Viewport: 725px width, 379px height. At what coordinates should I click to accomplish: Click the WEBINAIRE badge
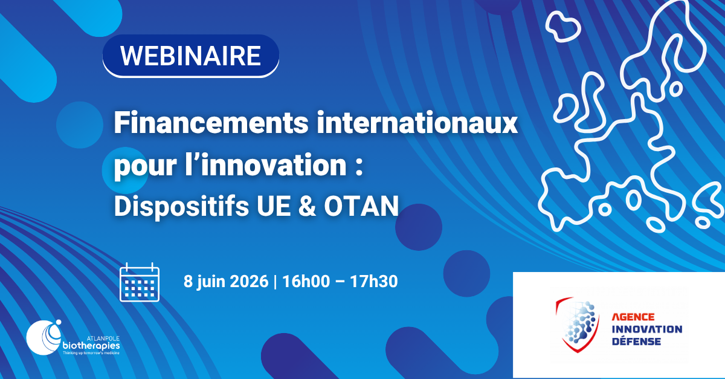191,56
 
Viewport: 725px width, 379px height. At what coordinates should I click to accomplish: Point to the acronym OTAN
361,206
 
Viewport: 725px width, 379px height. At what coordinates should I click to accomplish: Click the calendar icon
140,282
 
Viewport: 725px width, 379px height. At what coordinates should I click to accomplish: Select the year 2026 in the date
249,281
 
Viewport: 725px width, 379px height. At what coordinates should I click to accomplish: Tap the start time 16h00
306,281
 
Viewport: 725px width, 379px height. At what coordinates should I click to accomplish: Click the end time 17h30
374,281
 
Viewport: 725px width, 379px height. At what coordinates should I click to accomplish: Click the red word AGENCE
633,317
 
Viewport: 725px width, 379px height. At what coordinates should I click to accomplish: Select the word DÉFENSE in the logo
636,342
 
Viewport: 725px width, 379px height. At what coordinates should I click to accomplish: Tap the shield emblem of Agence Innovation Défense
578,325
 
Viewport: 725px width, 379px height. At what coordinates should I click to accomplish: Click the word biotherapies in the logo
91,346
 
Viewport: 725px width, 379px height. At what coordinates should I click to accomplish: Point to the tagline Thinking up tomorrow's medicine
91,353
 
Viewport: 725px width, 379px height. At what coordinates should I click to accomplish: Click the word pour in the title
146,166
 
